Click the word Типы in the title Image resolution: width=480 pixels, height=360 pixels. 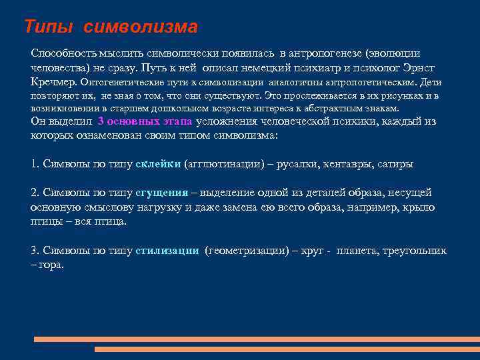(51, 27)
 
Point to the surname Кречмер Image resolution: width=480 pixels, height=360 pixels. (54, 83)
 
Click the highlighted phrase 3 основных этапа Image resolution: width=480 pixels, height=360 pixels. (145, 121)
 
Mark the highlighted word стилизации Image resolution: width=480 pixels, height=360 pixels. (167, 251)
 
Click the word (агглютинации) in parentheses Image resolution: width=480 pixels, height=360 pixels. (218, 163)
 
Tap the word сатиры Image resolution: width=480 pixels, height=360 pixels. (395, 163)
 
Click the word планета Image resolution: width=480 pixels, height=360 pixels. (357, 251)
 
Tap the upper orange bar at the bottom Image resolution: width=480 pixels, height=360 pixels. (257, 339)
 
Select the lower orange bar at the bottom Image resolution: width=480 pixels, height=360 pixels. (287, 349)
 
